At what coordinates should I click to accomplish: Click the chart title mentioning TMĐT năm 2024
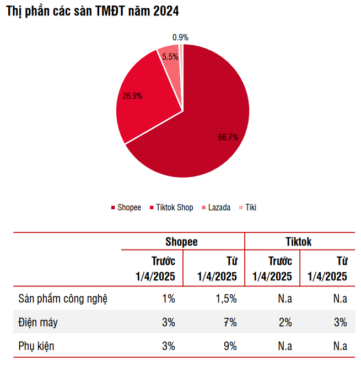pos(92,11)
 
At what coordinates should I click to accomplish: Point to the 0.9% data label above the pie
pos(180,38)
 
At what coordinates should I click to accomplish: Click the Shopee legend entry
pos(126,208)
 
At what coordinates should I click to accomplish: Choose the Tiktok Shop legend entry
pos(171,208)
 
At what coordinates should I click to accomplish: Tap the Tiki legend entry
pos(248,208)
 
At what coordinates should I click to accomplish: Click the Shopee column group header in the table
pos(181,242)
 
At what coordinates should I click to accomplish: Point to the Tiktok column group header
pos(298,242)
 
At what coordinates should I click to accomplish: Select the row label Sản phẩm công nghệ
pos(63,299)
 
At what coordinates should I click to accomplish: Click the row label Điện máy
pos(38,323)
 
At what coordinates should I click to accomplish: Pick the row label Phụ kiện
pos(36,346)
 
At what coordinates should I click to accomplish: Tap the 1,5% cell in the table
pos(225,299)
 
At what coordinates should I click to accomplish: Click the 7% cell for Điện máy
pos(230,323)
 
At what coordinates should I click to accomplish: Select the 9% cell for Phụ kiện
pos(230,346)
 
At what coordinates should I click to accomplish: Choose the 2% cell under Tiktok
pos(285,323)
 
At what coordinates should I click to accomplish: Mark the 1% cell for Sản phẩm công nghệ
pos(168,299)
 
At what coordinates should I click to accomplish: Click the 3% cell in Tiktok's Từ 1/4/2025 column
pos(340,323)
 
